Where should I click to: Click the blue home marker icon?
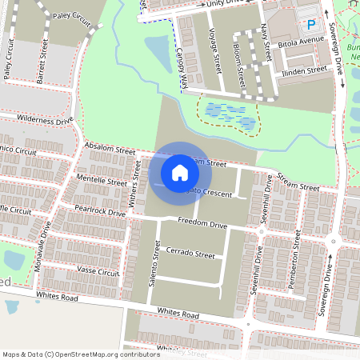(x=180, y=172)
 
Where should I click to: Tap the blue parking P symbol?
(x=311, y=25)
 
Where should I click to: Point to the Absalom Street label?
(x=110, y=150)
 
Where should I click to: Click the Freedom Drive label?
(x=203, y=222)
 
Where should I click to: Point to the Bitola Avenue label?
(x=300, y=38)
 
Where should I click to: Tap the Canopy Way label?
(x=182, y=68)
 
